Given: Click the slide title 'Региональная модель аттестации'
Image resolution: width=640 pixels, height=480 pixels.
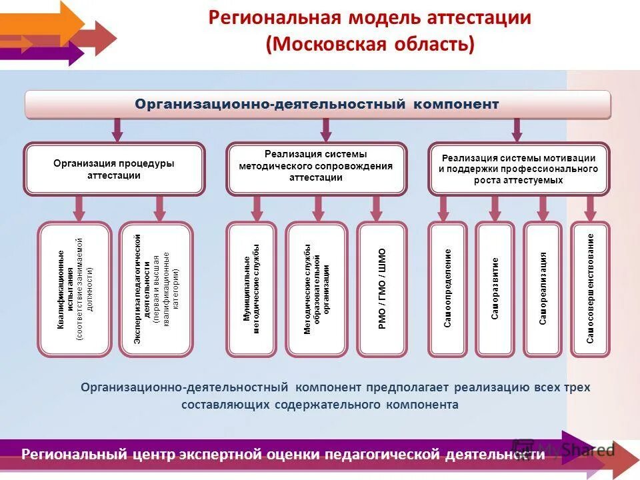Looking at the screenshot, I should tap(369, 18).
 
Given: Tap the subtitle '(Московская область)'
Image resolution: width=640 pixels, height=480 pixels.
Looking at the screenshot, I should tap(369, 45).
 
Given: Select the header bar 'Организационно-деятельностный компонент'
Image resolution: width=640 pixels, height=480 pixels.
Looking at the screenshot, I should tap(317, 105).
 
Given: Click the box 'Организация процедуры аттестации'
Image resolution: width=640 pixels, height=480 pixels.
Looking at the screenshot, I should tap(114, 169).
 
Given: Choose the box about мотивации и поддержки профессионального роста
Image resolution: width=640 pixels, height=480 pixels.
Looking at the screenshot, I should tap(518, 169).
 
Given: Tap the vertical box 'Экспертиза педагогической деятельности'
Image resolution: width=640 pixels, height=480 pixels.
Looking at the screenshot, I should tap(156, 289).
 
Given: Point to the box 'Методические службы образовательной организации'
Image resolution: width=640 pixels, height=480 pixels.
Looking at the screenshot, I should tap(317, 289).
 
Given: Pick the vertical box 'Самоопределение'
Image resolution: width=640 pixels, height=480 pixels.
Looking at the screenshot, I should tap(448, 289).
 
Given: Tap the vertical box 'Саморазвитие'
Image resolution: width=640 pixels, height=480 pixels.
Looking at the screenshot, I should tap(495, 289).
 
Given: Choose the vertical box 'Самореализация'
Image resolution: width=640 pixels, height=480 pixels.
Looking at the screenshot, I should tap(543, 289).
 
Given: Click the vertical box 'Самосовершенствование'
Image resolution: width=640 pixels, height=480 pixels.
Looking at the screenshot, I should tap(590, 289).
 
